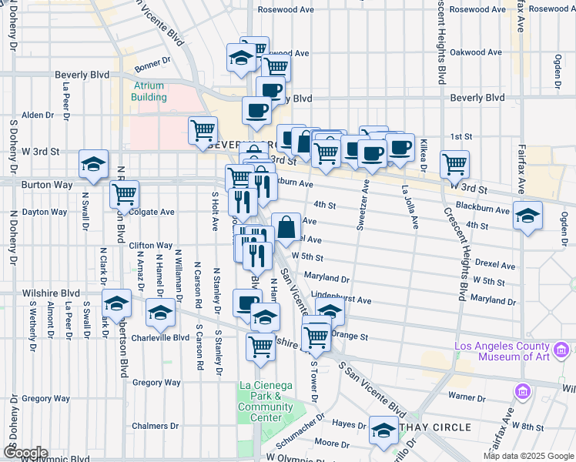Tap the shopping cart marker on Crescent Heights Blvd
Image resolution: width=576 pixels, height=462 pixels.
tap(454, 163)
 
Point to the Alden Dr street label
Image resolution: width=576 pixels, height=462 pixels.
tap(37, 115)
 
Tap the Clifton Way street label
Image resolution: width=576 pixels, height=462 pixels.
tap(146, 245)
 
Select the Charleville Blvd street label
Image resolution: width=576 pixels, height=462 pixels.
tap(160, 336)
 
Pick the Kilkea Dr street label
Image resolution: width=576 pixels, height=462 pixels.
tap(424, 151)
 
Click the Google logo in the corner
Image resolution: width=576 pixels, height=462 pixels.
tap(25, 453)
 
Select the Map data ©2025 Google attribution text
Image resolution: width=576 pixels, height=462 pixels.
tap(527, 456)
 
